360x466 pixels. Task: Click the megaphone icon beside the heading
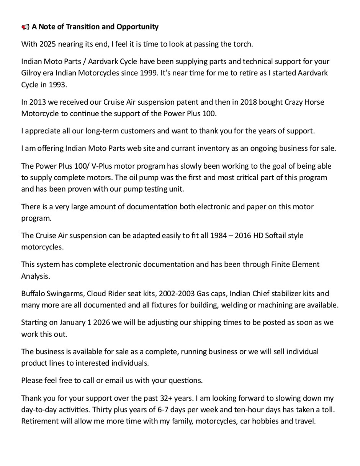pos(25,27)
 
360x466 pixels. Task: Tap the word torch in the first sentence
pos(244,44)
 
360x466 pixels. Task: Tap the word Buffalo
pos(33,294)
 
